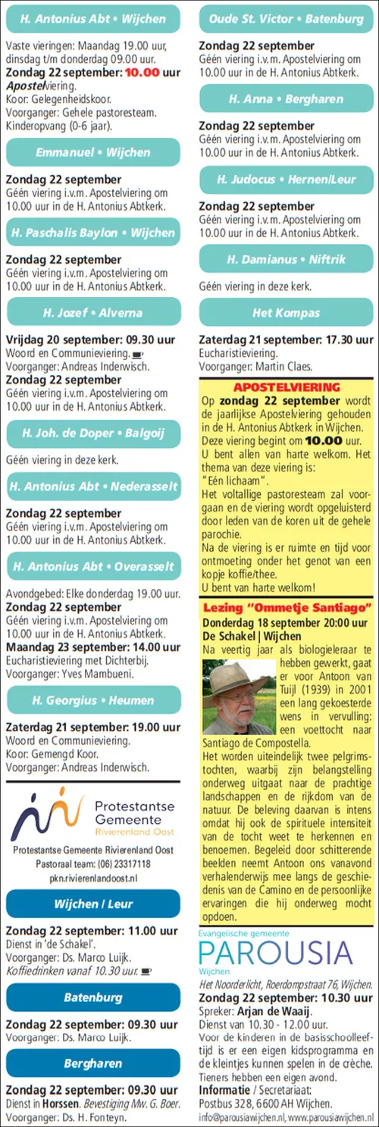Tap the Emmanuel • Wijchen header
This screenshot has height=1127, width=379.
click(x=93, y=152)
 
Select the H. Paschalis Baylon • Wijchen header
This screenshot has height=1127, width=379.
click(x=93, y=233)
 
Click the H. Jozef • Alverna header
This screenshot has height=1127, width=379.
click(x=93, y=312)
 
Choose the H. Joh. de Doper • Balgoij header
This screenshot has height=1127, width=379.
click(x=93, y=434)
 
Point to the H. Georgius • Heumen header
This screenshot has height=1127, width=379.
click(x=93, y=700)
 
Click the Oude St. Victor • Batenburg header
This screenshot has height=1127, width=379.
click(x=287, y=18)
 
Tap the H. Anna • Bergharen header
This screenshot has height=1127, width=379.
click(x=287, y=99)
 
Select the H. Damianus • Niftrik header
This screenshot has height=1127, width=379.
click(x=287, y=259)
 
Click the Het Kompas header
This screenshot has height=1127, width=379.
click(x=287, y=312)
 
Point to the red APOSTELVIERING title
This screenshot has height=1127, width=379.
click(x=286, y=387)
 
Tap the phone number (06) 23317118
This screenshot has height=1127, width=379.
click(x=124, y=864)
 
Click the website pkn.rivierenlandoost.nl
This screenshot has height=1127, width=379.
click(x=93, y=878)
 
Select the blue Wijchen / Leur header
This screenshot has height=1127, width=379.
click(x=93, y=904)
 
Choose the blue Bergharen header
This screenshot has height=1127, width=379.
click(x=93, y=1063)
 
